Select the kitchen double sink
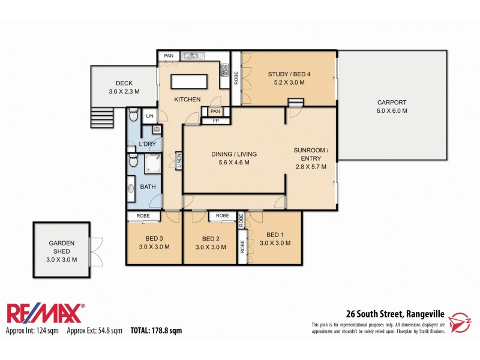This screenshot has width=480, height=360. point(191,56)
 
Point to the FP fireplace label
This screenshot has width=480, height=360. point(215,121)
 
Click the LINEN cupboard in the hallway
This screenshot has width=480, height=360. point(179,160)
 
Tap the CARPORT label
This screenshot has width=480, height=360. point(392,102)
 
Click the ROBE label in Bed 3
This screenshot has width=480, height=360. point(143,215)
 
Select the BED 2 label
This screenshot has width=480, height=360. point(211,238)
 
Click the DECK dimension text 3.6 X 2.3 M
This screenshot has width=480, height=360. point(124,92)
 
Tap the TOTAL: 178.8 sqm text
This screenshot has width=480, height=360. point(156,331)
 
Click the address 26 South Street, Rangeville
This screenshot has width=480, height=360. point(395,313)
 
